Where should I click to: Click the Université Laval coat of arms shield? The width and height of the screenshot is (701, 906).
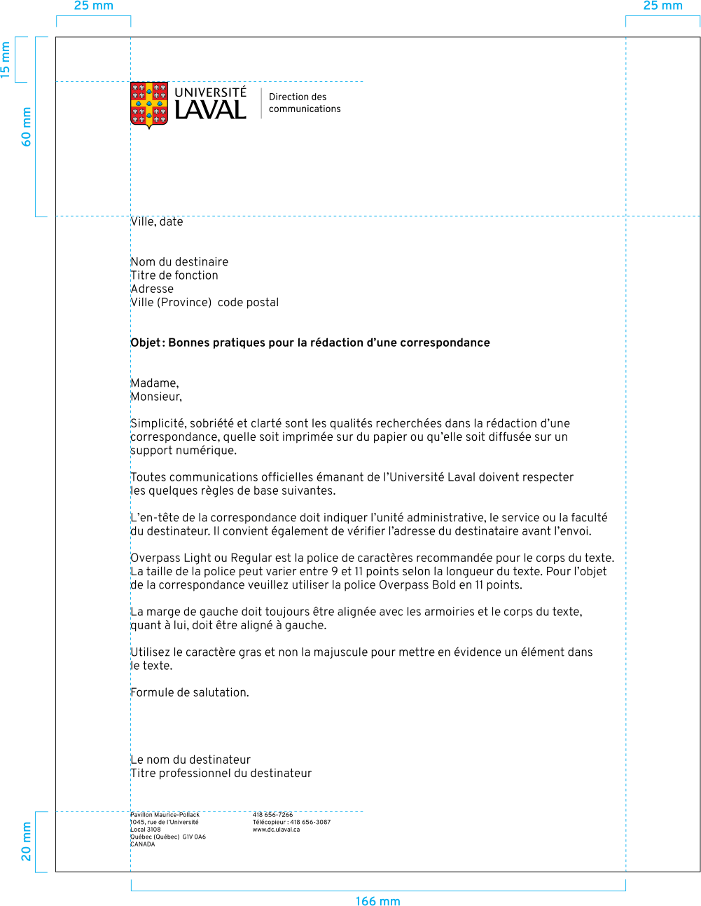149,104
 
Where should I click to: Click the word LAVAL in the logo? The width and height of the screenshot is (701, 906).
210,110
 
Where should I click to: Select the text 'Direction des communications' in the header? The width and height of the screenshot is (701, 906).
305,103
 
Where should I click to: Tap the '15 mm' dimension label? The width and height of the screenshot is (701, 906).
6,60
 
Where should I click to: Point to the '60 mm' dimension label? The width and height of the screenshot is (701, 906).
27,127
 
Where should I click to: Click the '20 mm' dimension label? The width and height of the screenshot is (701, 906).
27,842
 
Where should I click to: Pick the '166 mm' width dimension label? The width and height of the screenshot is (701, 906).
377,901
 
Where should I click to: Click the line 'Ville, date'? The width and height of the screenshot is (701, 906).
157,221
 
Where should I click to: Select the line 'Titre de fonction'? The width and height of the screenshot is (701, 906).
174,275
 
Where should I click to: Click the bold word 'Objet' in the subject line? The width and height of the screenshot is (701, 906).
146,343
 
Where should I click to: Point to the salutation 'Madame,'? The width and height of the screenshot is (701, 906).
155,383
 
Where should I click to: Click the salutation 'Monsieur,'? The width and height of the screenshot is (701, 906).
156,397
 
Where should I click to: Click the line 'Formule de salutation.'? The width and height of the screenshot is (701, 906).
190,692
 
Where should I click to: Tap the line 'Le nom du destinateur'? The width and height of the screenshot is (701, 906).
190,760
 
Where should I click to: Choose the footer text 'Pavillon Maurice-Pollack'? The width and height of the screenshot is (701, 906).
165,815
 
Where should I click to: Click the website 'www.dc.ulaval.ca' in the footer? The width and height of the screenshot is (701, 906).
276,830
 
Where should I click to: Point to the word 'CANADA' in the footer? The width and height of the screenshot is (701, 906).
143,844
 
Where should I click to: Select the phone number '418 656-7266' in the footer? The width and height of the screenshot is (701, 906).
273,815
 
